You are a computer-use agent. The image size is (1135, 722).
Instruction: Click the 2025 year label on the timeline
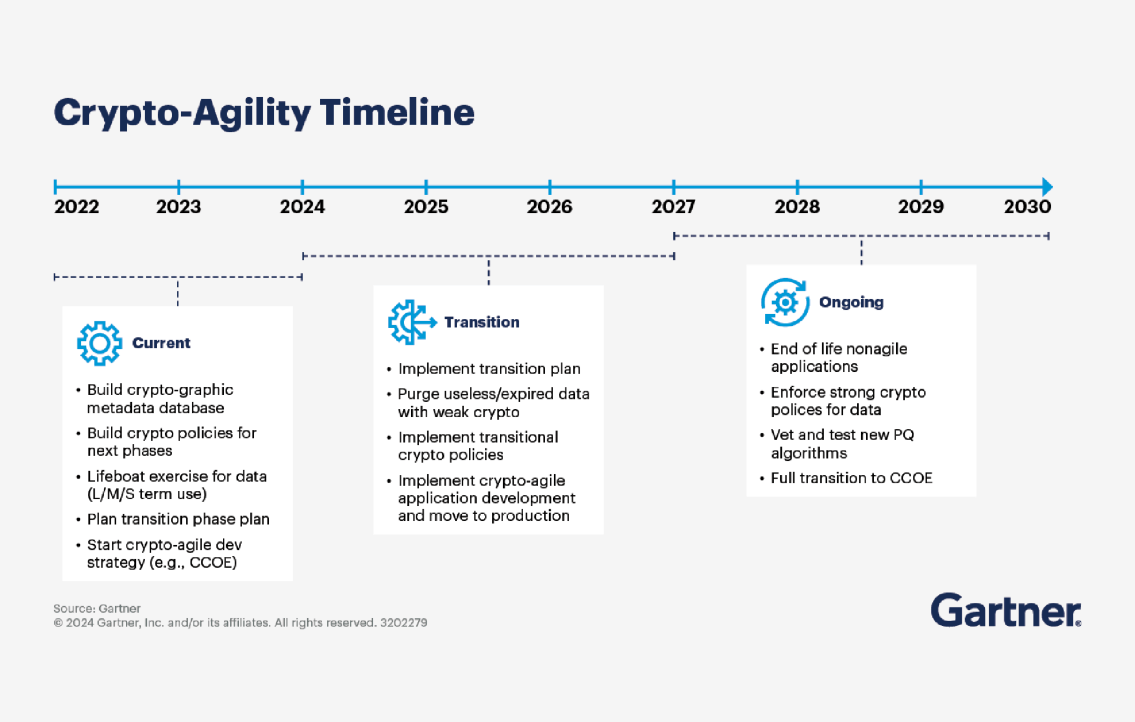(426, 207)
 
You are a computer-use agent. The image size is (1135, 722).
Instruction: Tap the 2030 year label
(1027, 207)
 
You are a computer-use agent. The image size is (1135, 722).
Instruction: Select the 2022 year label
(76, 207)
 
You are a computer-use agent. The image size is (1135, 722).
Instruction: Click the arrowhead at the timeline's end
(1046, 187)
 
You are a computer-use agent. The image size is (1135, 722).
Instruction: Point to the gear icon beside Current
(99, 343)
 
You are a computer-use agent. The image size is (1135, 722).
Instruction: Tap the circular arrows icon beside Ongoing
(785, 302)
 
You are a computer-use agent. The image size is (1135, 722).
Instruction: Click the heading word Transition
(482, 322)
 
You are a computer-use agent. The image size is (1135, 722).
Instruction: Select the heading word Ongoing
(851, 302)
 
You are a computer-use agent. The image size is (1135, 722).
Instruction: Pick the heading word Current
(161, 343)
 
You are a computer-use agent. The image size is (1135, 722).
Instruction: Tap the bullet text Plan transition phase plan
(178, 519)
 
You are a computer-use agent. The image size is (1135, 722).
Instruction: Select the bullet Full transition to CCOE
(851, 478)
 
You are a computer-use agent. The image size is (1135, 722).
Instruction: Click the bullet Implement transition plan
(489, 368)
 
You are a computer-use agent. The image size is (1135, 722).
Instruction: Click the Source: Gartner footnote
(97, 608)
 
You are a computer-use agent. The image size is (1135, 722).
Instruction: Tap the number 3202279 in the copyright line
(403, 622)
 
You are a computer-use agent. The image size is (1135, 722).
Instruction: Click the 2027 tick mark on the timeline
(673, 187)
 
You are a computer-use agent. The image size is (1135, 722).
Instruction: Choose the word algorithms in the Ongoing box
(809, 453)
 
